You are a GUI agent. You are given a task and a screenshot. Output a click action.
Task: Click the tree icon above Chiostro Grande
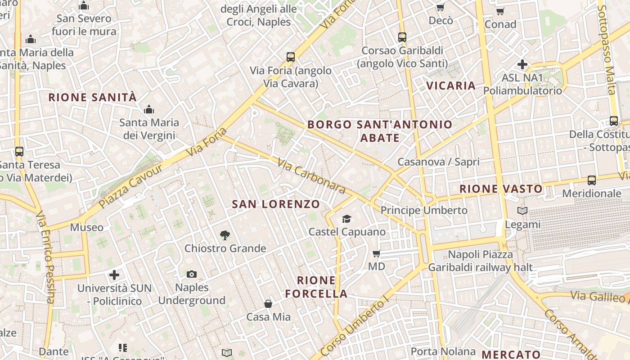(x=225, y=235)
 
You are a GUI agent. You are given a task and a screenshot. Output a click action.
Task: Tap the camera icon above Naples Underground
(x=192, y=274)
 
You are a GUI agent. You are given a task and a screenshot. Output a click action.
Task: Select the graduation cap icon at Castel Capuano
(x=346, y=219)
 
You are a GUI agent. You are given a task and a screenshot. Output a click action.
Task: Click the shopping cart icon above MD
(x=377, y=253)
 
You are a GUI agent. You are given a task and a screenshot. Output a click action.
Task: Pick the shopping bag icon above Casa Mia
(x=268, y=304)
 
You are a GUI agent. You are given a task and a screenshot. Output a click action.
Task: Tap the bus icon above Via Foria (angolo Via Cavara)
(x=291, y=57)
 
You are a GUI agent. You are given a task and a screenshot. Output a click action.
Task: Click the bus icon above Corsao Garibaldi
(x=402, y=37)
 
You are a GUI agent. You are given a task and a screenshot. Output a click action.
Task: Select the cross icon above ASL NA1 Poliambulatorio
(x=522, y=64)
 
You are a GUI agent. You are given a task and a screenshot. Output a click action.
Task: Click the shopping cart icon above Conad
(x=500, y=11)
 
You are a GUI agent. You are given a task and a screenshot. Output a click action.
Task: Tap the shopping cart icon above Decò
(x=441, y=7)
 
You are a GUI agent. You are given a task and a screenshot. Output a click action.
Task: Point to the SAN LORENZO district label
(x=276, y=204)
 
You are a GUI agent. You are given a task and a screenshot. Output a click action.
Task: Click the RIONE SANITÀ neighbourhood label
(x=92, y=97)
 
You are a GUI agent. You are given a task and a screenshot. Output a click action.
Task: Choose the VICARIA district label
(x=451, y=85)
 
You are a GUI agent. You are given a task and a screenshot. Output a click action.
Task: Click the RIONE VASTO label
(x=501, y=189)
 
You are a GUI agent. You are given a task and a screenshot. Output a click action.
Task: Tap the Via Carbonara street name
(x=311, y=175)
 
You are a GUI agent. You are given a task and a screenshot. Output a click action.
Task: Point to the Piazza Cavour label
(x=130, y=186)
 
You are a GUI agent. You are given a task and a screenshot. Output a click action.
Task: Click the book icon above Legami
(x=522, y=211)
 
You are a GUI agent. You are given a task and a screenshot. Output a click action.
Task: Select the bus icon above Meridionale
(x=592, y=180)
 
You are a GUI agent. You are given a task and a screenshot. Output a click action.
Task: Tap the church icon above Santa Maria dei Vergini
(x=149, y=109)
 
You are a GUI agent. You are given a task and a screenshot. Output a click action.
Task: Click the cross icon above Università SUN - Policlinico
(x=114, y=274)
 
